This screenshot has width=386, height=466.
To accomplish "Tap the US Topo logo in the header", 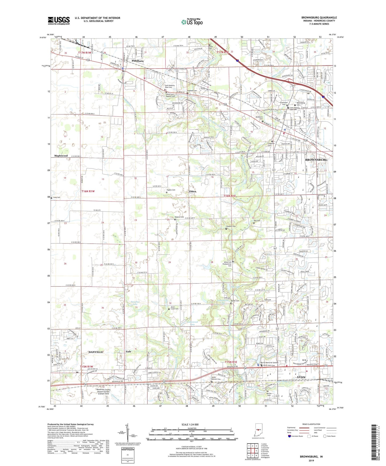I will [192, 22].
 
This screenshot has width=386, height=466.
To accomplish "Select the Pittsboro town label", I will [138, 61].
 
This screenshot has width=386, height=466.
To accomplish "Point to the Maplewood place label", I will [61, 156].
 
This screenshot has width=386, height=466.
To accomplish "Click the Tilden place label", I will [192, 191].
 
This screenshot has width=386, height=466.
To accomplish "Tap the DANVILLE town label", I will [96, 352].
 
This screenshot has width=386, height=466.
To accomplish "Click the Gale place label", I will [128, 352].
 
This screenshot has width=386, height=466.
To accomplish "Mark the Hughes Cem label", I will [171, 190].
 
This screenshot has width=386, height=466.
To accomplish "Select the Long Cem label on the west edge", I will [56, 197].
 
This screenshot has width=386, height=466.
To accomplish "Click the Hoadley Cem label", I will [231, 226].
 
